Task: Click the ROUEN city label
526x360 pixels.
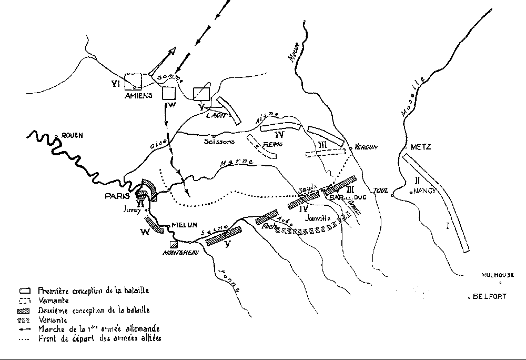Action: (x=72, y=135)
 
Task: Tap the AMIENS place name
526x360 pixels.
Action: (x=138, y=96)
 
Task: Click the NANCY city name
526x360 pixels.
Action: (x=425, y=191)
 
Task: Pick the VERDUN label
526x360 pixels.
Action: (x=366, y=147)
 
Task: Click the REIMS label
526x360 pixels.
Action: (x=272, y=144)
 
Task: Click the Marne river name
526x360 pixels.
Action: (x=238, y=162)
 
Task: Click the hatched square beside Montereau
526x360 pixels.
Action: (x=173, y=243)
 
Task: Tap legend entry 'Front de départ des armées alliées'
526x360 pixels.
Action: (x=99, y=338)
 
